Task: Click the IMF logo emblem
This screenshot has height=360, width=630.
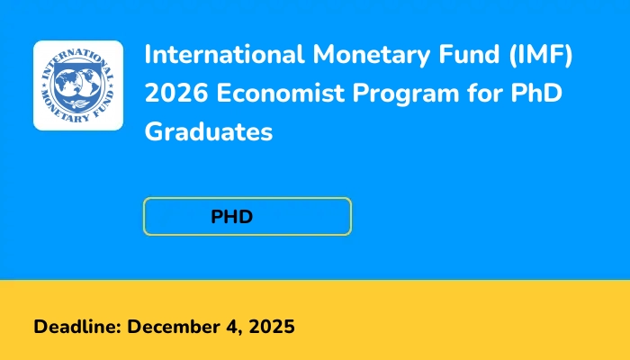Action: (x=78, y=85)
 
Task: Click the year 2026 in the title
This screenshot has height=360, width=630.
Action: (x=174, y=94)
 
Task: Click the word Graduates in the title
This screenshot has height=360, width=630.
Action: (x=208, y=133)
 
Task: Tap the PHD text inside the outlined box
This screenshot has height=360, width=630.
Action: (x=232, y=217)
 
